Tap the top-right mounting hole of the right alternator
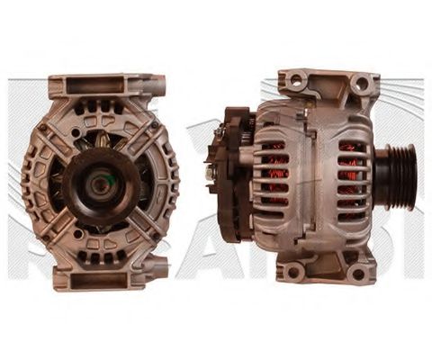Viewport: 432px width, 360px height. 361,84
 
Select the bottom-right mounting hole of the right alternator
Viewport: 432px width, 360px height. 359,274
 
